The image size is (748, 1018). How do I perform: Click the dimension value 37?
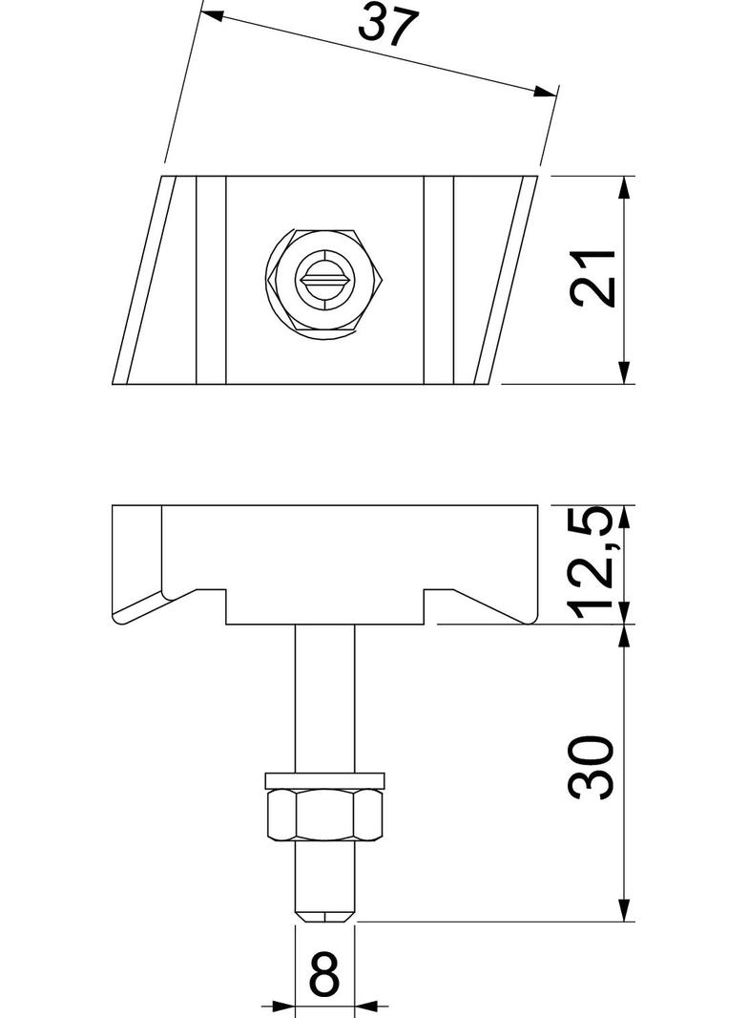click(388, 26)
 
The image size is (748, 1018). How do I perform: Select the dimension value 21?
click(592, 280)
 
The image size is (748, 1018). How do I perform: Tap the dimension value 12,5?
click(592, 563)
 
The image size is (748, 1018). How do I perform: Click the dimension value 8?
click(325, 977)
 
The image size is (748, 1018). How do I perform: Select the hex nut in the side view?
click(325, 817)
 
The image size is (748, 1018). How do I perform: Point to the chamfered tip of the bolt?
click(325, 915)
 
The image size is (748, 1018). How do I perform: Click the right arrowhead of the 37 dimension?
click(545, 92)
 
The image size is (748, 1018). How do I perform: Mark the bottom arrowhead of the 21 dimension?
click(624, 373)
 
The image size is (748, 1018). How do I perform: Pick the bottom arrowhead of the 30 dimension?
click(624, 911)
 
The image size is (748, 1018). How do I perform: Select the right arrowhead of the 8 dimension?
click(367, 1006)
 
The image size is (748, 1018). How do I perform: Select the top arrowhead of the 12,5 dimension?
click(624, 516)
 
